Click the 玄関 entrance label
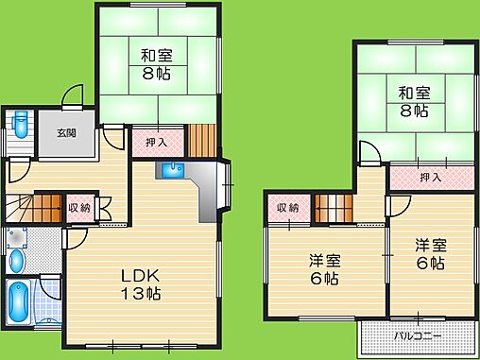[66, 133]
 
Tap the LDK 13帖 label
[141, 284]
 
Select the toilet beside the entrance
[20, 125]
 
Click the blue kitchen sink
[173, 170]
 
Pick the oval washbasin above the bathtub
[16, 261]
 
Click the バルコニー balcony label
[418, 336]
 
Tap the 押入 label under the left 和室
[156, 143]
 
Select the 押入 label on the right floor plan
[431, 178]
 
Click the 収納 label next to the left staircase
[79, 208]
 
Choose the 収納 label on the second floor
[287, 208]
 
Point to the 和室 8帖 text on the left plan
[157, 64]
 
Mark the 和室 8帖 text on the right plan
[414, 102]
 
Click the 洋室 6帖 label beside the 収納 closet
[324, 269]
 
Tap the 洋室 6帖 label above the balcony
[431, 254]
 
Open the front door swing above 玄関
[73, 97]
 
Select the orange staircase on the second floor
[334, 208]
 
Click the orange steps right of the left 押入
[202, 141]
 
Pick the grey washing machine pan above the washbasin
[16, 238]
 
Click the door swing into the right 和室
[370, 153]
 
